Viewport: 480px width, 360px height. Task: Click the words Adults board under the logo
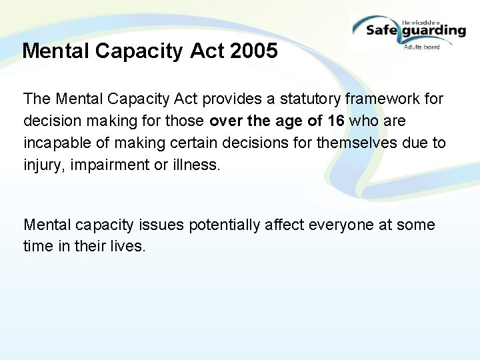(x=421, y=47)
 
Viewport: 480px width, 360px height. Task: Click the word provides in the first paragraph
(x=230, y=99)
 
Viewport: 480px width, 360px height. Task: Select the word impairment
(x=111, y=164)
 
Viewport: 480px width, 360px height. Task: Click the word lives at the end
(x=130, y=246)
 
